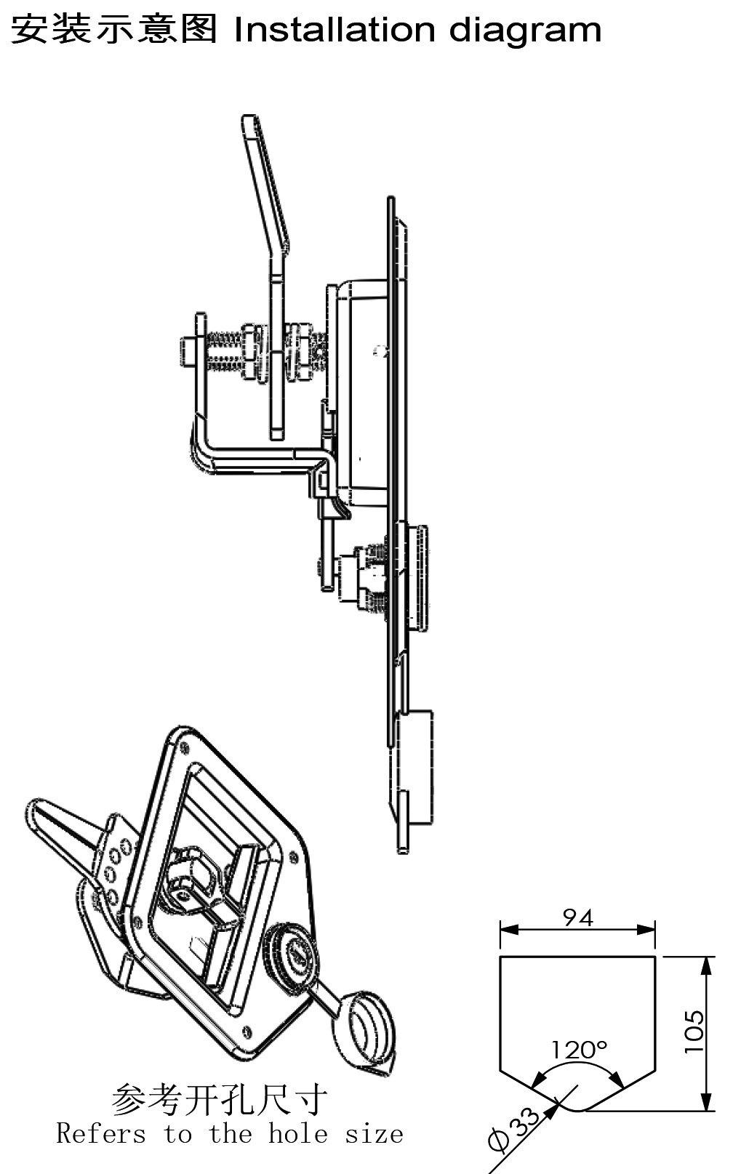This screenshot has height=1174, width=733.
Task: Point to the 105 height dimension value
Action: [694, 1032]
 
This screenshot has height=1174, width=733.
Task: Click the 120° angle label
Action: [578, 1050]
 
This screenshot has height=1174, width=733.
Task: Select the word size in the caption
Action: [374, 1133]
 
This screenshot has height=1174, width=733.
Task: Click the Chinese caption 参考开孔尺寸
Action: [219, 1100]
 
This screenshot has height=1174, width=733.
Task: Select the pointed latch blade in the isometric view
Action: [58, 825]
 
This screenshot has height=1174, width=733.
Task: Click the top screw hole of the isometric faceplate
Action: [183, 746]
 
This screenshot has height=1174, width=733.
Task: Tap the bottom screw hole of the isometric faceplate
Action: [249, 1029]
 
